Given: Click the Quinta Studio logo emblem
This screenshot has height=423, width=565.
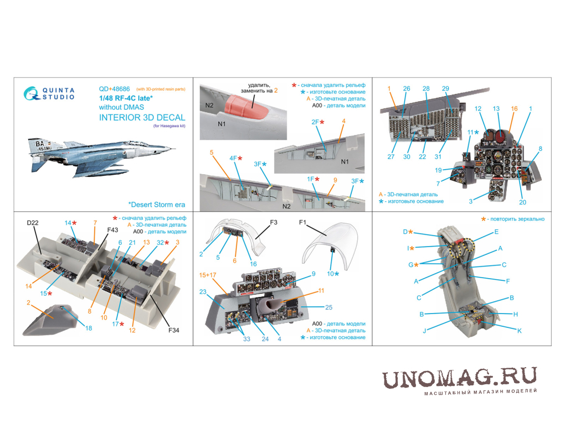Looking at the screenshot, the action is tap(31, 93).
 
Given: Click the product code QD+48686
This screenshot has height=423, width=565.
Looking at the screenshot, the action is tap(114, 89).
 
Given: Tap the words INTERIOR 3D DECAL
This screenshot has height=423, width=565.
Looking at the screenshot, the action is tap(142, 118).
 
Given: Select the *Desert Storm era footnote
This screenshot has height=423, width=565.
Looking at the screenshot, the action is tap(157, 205).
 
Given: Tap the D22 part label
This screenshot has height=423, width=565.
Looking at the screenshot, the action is tap(33, 223).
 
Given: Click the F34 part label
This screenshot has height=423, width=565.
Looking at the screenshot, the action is tap(174, 330).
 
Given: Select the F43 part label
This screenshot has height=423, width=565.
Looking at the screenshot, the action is tap(112, 230).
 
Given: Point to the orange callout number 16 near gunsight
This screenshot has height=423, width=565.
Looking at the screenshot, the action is tap(514, 108).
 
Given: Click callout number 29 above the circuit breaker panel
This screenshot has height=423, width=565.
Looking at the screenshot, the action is tap(445, 88).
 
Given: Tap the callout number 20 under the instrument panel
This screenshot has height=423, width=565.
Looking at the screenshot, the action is tap(522, 202).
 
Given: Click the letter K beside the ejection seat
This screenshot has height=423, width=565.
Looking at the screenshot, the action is tap(519, 331).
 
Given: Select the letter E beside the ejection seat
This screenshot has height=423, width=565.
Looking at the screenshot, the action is tap(496, 232).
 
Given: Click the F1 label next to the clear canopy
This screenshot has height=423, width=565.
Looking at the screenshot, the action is tap(302, 222).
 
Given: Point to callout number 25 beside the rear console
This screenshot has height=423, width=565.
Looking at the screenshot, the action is tap(328, 307).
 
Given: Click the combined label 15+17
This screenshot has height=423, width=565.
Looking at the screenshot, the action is tap(208, 275).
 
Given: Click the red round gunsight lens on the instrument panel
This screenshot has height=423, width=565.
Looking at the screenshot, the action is tap(500, 137).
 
